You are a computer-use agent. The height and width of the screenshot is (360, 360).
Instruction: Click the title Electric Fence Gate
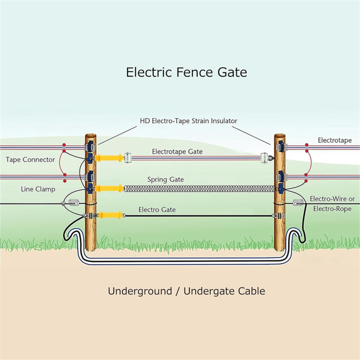187,72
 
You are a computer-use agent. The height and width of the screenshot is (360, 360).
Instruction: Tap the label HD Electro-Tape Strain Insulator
188,121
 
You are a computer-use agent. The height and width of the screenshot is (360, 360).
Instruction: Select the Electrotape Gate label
177,152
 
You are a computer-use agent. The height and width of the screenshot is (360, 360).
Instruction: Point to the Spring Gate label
165,180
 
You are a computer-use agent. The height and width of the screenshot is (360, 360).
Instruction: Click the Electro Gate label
157,209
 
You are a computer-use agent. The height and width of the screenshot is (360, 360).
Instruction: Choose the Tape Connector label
30,160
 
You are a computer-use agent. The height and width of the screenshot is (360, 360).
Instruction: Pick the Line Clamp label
38,189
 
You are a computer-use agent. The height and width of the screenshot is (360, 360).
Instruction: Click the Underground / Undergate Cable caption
187,291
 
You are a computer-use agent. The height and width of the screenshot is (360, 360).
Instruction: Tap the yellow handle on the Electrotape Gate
109,158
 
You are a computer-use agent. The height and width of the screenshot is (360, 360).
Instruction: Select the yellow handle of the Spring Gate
109,188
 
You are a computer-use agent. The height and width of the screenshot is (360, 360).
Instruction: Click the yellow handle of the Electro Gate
110,215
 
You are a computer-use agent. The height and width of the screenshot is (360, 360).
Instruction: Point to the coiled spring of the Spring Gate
199,189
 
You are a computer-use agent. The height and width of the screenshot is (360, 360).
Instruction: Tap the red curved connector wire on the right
311,163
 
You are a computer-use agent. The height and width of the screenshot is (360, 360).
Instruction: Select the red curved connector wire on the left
60,163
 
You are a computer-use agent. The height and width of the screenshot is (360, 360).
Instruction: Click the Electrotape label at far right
335,140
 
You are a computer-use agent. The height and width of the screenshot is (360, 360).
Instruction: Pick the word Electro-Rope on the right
332,209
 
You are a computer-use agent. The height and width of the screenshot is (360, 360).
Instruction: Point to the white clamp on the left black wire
73,203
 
